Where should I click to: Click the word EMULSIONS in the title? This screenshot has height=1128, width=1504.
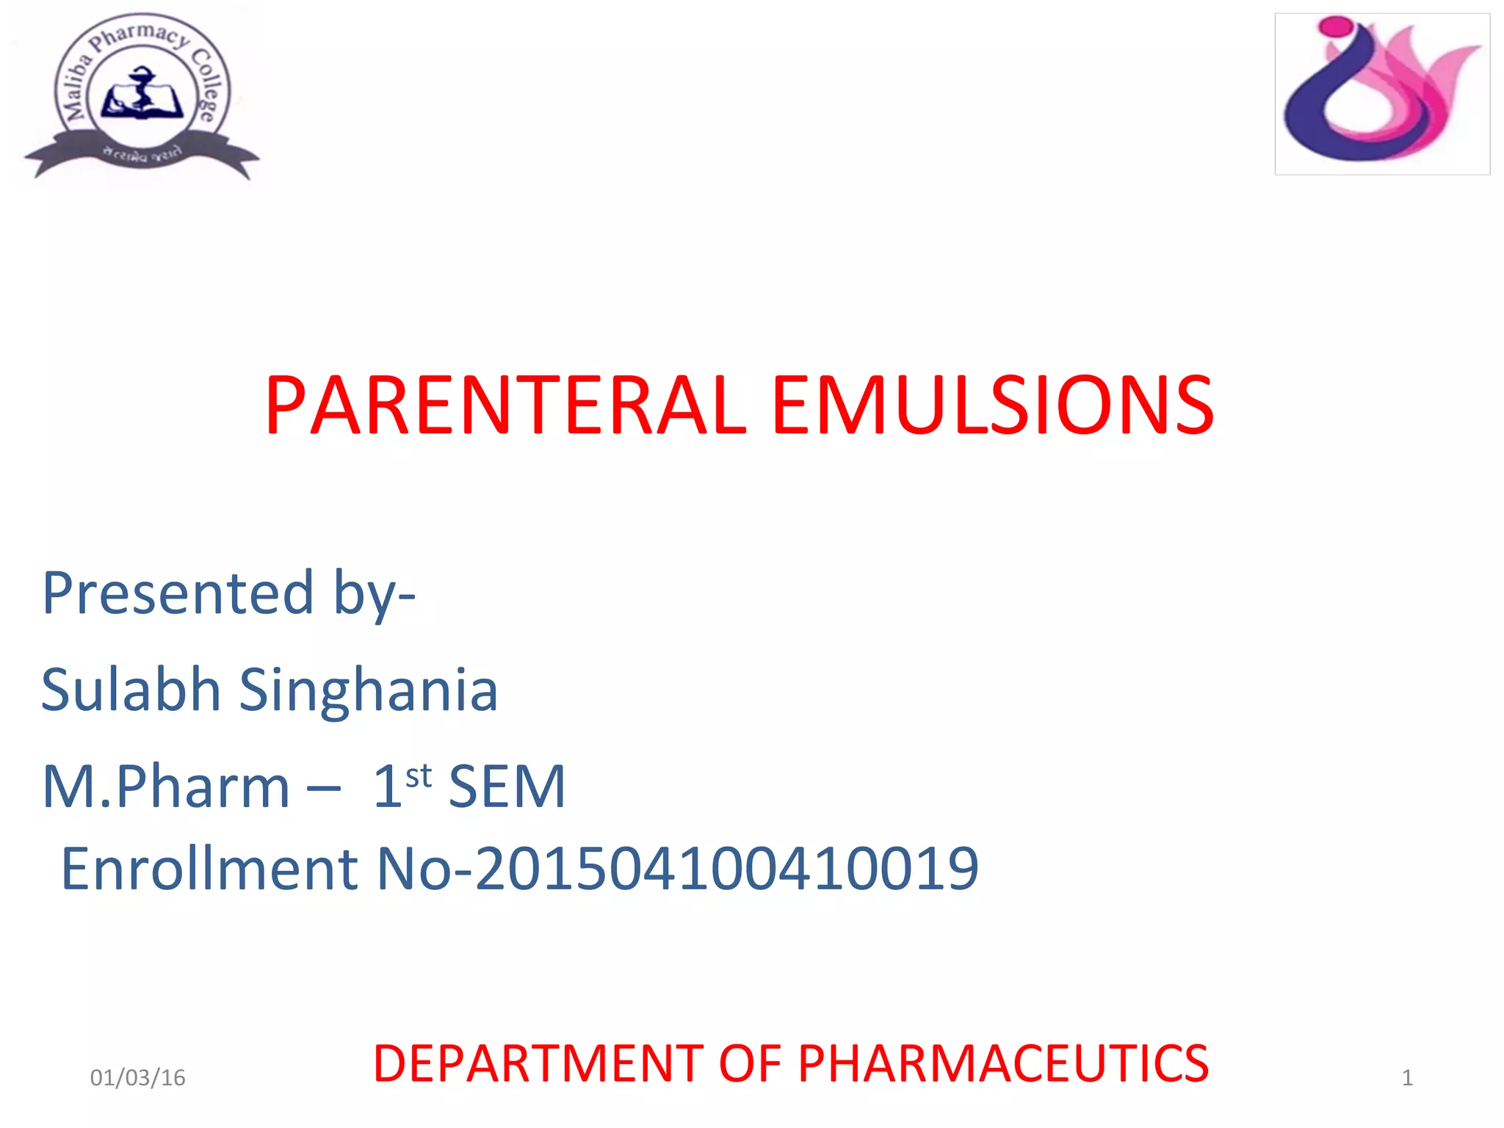pos(993,405)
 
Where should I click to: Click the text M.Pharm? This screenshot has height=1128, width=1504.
pos(167,787)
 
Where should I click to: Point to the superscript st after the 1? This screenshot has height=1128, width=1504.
pos(419,775)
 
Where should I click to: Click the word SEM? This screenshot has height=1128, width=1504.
pos(507,787)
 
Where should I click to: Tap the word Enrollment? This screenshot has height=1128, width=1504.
pos(209,869)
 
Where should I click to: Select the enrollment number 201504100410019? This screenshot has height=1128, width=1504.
pos(727,869)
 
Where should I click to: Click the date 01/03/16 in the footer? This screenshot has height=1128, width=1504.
pos(137,1077)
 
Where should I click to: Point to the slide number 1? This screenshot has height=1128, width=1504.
pos(1407,1077)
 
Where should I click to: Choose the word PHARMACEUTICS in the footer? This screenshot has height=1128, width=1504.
pos(1003,1063)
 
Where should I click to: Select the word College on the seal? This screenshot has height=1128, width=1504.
pos(208,84)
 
